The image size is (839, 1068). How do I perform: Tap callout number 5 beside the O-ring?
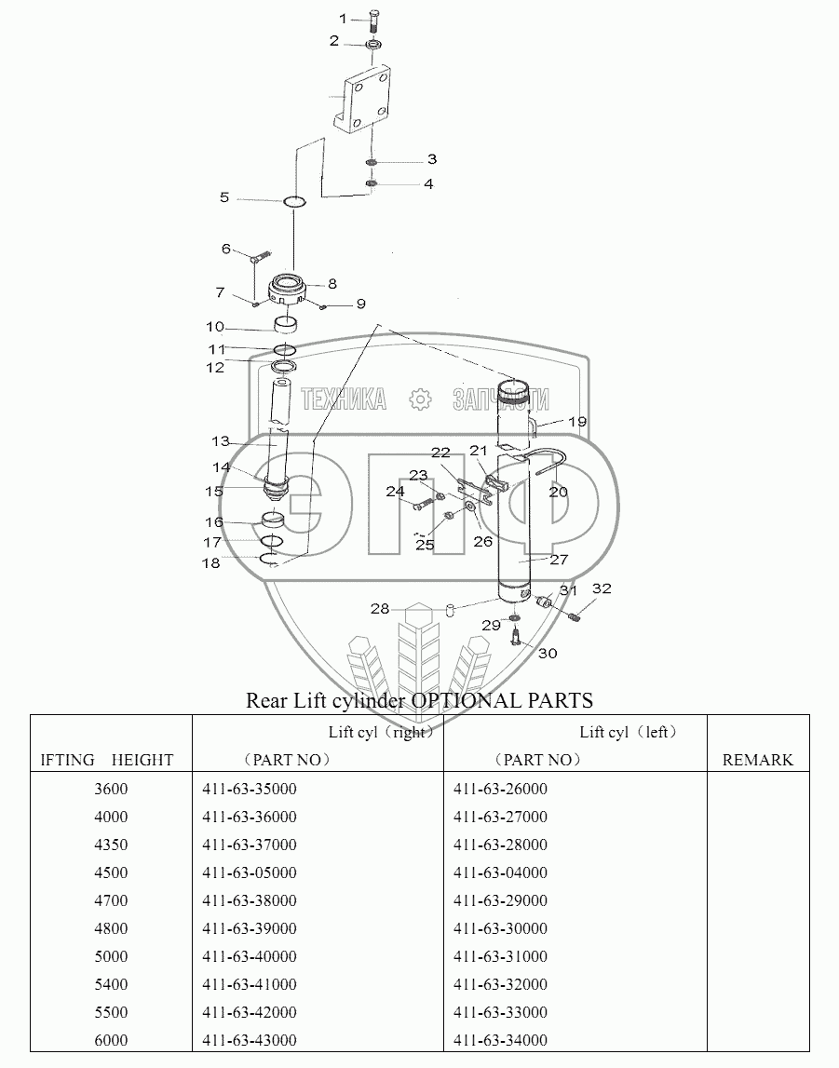click(x=224, y=197)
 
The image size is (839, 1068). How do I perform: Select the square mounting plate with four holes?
click(x=361, y=101)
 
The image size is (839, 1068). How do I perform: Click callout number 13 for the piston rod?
click(x=220, y=441)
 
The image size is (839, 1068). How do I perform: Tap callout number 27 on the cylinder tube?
click(x=559, y=560)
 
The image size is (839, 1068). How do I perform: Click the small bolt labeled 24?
click(x=423, y=505)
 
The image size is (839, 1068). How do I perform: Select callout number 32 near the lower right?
click(x=602, y=588)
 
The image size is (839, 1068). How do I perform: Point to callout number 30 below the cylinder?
click(x=548, y=654)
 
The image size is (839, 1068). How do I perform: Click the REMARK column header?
click(x=757, y=760)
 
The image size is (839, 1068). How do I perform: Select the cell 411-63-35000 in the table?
click(x=250, y=789)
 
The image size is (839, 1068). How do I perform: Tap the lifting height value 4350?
click(x=111, y=845)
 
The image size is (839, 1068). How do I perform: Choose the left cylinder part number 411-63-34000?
click(x=501, y=1040)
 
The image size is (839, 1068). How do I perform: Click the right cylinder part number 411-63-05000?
click(x=250, y=872)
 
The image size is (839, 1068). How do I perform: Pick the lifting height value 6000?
click(x=111, y=1040)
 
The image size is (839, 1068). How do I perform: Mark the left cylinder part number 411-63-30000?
click(x=501, y=928)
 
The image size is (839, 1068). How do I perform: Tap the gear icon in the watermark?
click(x=420, y=399)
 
